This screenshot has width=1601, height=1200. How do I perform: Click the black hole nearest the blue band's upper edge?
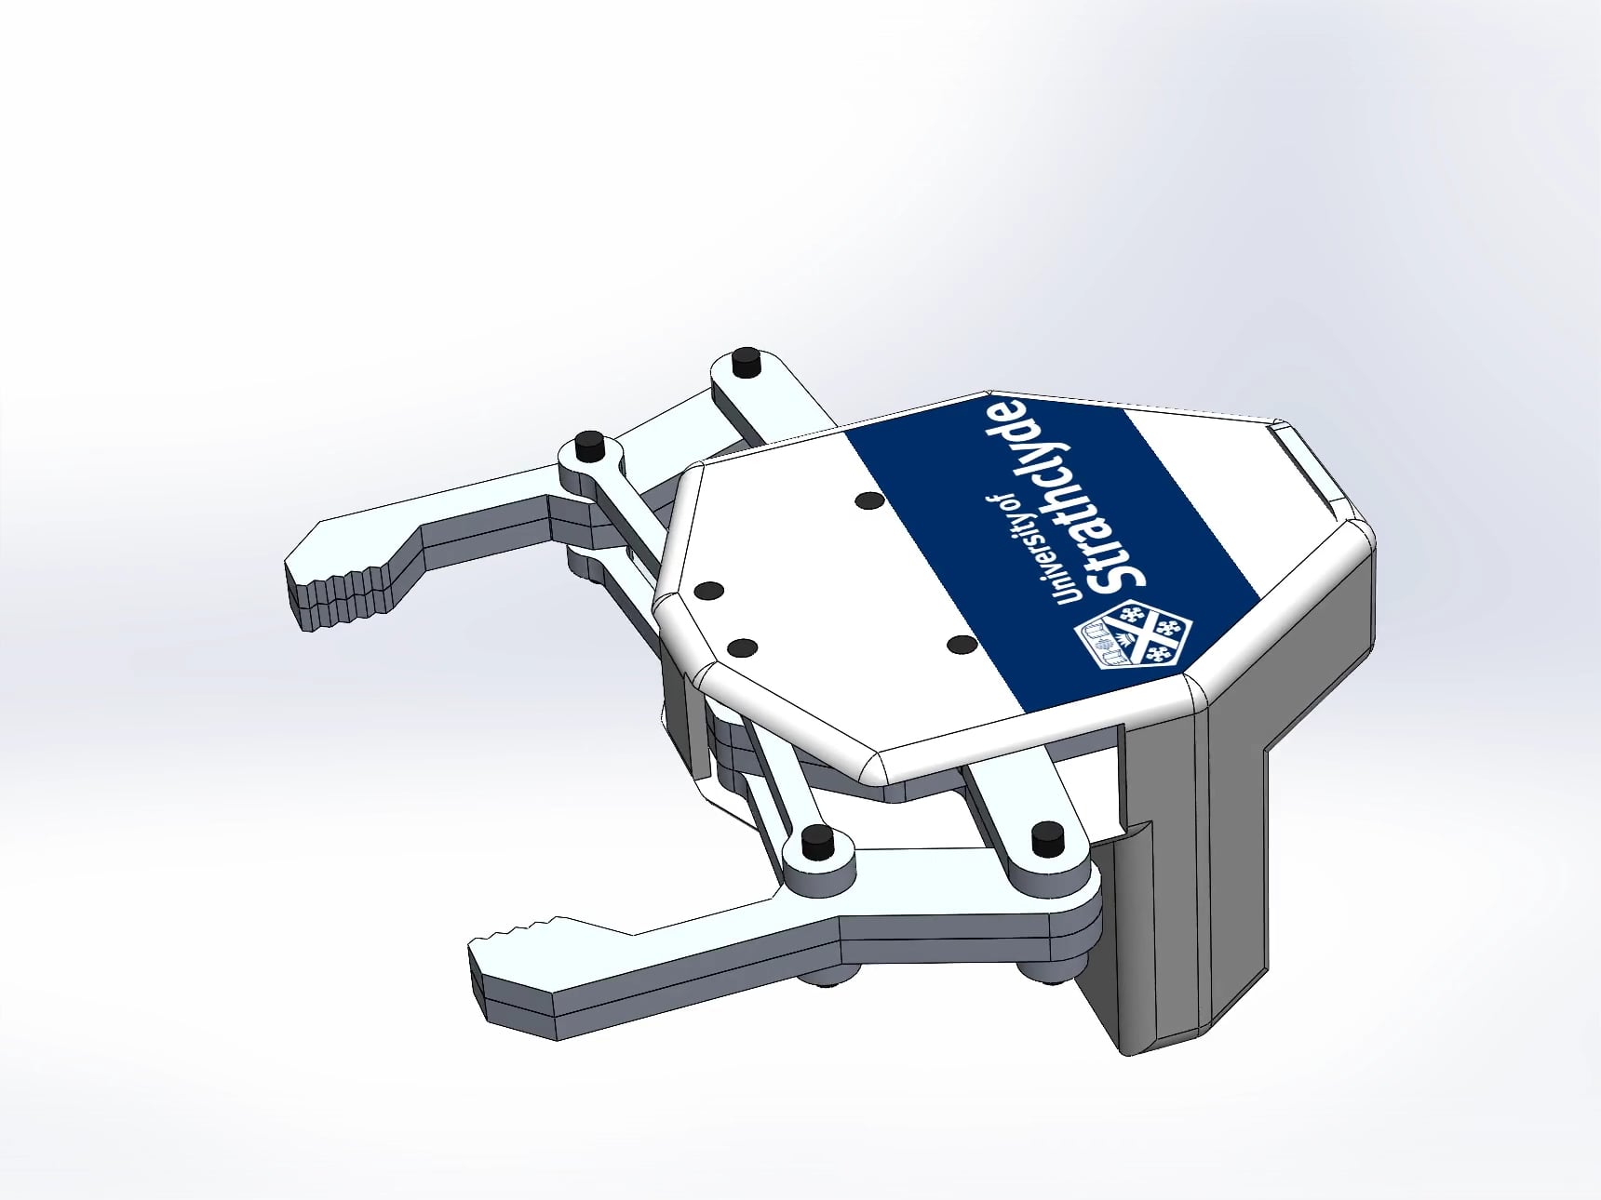870,500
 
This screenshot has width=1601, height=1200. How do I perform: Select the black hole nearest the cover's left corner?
709,590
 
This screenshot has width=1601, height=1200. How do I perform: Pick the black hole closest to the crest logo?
962,644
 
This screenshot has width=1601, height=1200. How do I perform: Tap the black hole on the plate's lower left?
742,647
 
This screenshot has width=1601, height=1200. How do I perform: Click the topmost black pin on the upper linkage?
745,360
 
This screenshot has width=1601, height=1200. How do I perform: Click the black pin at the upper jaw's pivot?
588,445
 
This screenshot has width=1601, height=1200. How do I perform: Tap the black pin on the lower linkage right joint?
1049,837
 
